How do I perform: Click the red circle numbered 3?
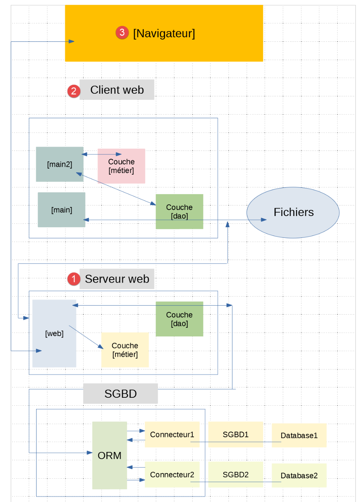(x=122, y=33)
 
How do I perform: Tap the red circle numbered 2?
(x=74, y=91)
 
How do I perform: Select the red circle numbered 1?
(x=74, y=279)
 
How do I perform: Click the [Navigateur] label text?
(x=164, y=33)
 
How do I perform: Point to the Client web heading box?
(x=117, y=90)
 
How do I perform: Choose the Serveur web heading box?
(x=117, y=279)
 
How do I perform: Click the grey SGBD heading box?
(x=121, y=394)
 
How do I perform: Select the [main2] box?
(x=59, y=164)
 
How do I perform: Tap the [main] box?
(x=61, y=210)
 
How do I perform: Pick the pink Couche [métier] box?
(x=121, y=166)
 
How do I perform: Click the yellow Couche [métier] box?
(x=125, y=350)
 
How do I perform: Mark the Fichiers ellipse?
(x=293, y=212)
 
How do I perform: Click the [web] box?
(x=54, y=333)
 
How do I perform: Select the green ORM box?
(x=110, y=455)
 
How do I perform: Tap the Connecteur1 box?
(x=172, y=435)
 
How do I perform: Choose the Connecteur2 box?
(x=172, y=475)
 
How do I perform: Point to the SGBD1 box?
(x=236, y=435)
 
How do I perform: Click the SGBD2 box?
(x=236, y=475)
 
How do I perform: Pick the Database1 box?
(x=299, y=435)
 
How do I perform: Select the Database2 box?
(x=299, y=476)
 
